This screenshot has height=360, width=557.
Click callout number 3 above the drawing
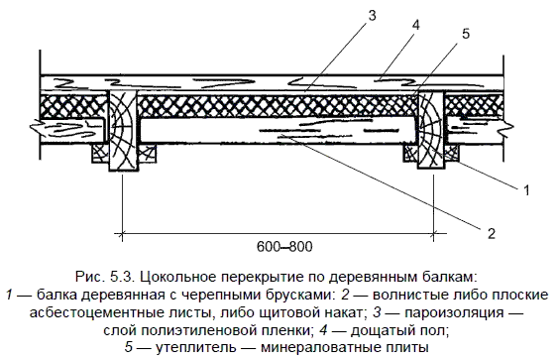372,16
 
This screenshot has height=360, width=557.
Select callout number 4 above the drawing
416,25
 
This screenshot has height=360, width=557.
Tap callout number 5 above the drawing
466,34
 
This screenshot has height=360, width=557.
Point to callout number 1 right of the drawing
526,189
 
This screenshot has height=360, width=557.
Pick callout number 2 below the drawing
492,233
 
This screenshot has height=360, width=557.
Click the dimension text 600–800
284,246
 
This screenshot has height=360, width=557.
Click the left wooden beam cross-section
123,130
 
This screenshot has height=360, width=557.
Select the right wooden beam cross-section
430,130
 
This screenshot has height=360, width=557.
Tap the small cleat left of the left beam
100,154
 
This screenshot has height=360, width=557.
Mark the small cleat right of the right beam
451,154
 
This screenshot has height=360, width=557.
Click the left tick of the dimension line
122,234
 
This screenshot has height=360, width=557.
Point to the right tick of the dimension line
433,234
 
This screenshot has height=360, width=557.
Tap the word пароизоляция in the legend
454,313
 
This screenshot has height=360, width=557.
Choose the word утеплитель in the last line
195,347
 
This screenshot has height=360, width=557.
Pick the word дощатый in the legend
382,331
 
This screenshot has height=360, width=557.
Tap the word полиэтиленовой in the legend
193,331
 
